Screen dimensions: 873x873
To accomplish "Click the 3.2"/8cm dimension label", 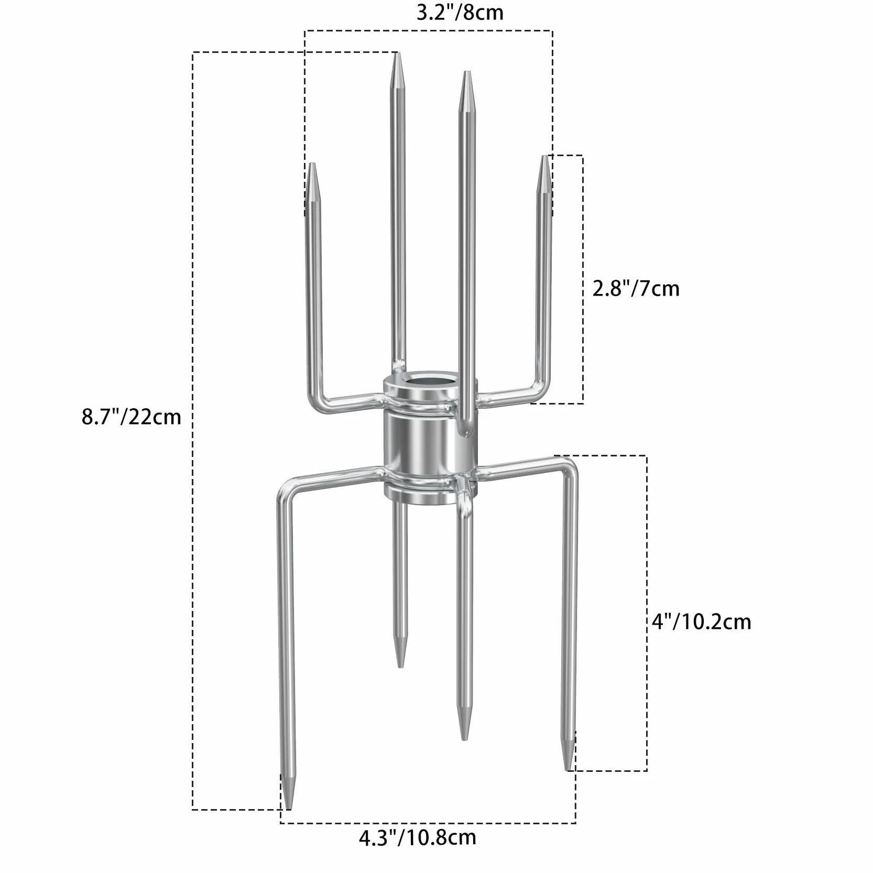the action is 460,13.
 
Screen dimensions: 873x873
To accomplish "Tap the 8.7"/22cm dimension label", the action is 132,417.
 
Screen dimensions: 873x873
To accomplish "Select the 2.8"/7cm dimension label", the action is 636,289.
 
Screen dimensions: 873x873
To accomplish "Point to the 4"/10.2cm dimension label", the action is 701,622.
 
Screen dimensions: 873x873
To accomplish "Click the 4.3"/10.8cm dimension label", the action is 417,852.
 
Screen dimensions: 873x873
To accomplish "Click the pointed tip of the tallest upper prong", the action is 398,53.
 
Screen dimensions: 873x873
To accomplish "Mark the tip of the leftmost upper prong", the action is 312,163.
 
